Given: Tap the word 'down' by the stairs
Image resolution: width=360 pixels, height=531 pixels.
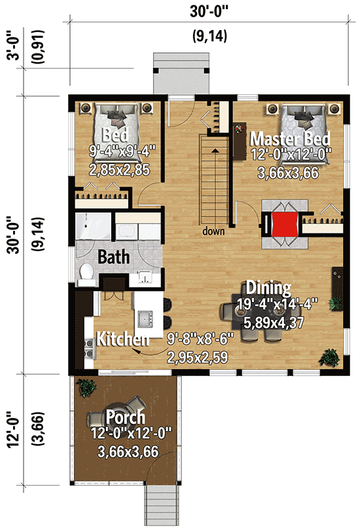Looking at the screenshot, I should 213,231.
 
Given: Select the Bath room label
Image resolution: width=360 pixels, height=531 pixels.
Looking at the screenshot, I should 113,256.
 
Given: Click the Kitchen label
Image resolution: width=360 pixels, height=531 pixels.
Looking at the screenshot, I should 122,339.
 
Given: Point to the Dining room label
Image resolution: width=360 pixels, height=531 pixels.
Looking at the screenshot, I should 268,288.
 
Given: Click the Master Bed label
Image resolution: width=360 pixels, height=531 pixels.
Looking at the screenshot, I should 290,139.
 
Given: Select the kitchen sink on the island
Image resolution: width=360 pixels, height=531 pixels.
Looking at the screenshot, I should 145,320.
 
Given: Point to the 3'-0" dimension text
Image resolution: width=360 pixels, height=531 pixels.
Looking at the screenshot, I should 10,48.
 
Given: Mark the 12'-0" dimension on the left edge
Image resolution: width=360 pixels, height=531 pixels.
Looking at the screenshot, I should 10,433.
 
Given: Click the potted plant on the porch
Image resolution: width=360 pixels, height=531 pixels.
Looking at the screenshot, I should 85,388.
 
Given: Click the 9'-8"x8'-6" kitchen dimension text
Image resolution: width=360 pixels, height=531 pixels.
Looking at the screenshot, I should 196,340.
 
